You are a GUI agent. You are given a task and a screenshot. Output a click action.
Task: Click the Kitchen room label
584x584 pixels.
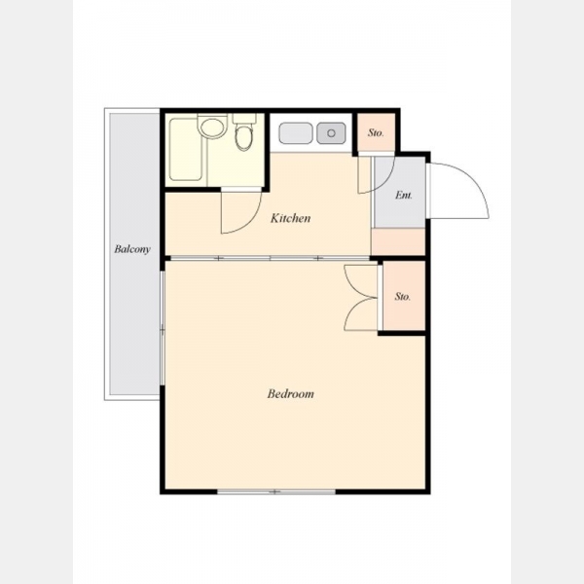pos(290,218)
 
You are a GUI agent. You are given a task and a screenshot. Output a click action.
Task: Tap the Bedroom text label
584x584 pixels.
pos(290,393)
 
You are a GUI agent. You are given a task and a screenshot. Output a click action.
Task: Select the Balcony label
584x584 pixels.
pos(132,249)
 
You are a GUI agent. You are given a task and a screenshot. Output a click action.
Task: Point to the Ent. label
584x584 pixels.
pos(404,195)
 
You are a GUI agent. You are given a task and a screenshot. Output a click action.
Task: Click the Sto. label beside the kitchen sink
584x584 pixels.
pos(376,132)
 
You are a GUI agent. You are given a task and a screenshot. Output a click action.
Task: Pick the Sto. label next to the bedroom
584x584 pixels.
pos(403,297)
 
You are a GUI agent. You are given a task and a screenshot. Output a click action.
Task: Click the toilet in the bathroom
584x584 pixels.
pos(244,137)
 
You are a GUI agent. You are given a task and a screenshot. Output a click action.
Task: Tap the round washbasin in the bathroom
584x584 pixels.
pos(212,127)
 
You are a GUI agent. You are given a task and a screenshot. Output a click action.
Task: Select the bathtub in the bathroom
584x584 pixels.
pos(186,149)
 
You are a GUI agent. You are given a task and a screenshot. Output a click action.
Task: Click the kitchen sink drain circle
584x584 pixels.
pos(331,132)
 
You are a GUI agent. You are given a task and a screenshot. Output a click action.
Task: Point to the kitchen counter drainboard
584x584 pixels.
pos(296,133)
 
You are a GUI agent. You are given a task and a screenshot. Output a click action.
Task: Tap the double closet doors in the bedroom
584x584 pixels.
pos(359,297)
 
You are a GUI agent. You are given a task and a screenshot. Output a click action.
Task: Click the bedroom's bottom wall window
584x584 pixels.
pos(276,492)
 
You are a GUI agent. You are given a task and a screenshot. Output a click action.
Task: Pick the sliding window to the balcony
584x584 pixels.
pos(163,329)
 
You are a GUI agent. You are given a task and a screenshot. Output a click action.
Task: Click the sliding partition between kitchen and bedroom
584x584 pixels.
pos(270,258)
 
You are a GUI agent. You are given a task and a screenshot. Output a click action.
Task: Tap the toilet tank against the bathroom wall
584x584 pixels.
pos(244,119)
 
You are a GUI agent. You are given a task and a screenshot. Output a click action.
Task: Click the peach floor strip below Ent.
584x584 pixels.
pos(398,241)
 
